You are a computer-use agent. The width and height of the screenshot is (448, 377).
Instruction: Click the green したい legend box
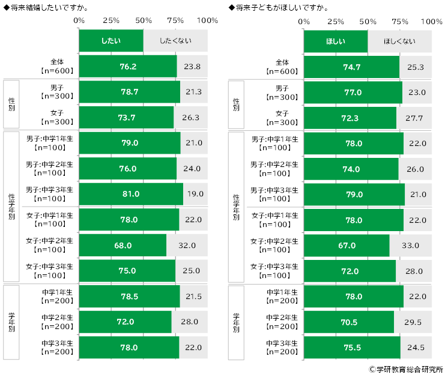[111, 41]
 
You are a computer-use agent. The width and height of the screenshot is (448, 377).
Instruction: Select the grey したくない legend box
[175, 41]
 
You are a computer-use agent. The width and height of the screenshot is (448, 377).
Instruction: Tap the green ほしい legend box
[335, 41]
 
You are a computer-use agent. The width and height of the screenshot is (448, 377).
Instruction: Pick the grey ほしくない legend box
[400, 41]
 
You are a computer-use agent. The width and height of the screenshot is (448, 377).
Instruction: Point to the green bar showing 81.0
[130, 194]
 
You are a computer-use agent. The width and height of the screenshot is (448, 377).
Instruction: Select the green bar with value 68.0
[122, 245]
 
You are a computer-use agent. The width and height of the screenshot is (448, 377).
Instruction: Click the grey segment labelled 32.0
[187, 245]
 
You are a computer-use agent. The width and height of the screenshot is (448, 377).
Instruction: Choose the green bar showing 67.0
[347, 245]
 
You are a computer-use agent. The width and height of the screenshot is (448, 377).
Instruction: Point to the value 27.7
[415, 118]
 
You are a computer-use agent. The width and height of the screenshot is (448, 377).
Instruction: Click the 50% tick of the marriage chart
[143, 21]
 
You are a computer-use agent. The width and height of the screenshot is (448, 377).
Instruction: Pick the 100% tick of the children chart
[431, 21]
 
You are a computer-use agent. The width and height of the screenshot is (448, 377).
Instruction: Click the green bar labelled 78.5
[129, 296]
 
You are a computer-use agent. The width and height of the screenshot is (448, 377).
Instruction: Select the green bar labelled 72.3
[350, 118]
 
